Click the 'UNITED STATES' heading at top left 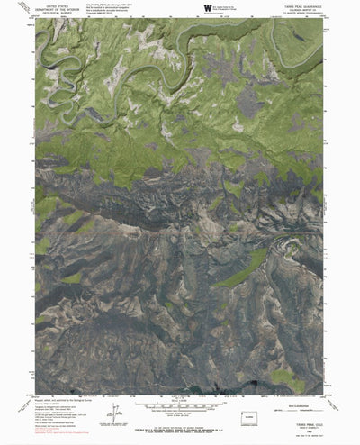57,5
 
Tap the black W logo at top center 208,8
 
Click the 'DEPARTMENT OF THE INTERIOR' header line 57,9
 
